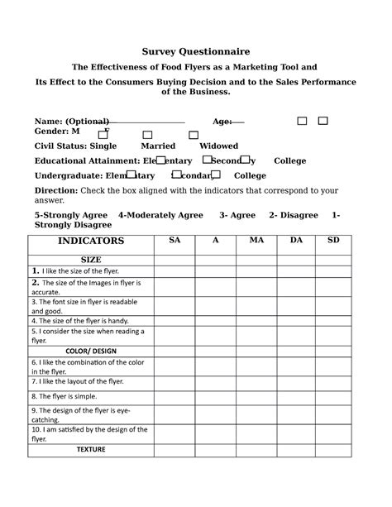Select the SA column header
(174, 240)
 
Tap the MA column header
(254, 240)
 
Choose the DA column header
(294, 240)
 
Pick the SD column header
(333, 240)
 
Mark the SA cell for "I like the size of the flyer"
(174, 270)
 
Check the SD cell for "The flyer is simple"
(333, 396)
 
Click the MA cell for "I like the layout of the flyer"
(254, 383)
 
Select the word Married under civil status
(158, 146)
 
